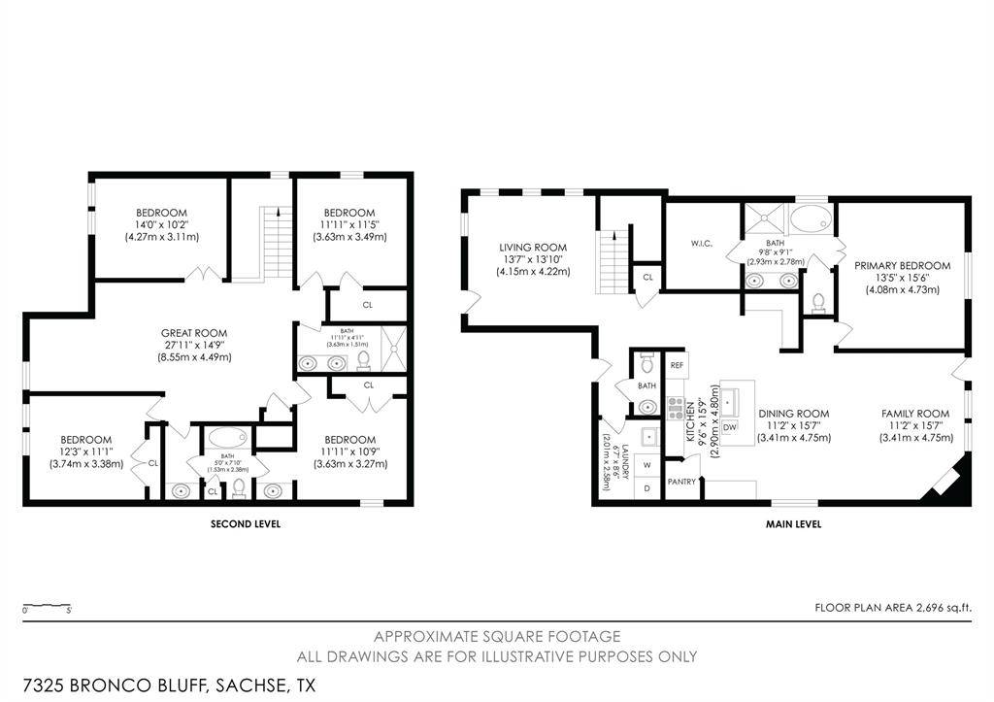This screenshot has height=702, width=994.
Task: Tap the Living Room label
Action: (533, 248)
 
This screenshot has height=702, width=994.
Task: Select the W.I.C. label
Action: (703, 243)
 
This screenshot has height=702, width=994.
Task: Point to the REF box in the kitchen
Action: (678, 365)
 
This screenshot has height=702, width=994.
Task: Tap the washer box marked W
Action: (646, 465)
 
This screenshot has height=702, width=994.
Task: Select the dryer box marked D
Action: (646, 487)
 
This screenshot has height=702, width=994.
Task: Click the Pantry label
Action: (681, 482)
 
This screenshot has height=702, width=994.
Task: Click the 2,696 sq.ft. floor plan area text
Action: (893, 608)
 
